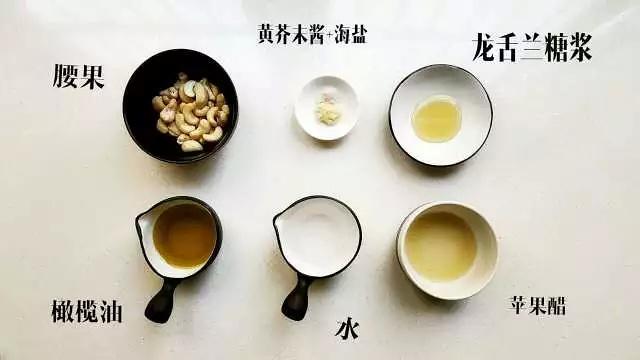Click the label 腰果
[79, 77]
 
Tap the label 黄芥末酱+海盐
[311, 36]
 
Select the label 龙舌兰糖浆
[531, 47]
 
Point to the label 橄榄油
[86, 311]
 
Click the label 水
[346, 327]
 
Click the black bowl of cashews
[179, 105]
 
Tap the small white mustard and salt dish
[326, 108]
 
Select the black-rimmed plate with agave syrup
[440, 115]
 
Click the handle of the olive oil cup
[160, 300]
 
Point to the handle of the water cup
[297, 298]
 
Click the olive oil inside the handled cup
[184, 236]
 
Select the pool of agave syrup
[437, 118]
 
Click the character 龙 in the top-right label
[487, 47]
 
